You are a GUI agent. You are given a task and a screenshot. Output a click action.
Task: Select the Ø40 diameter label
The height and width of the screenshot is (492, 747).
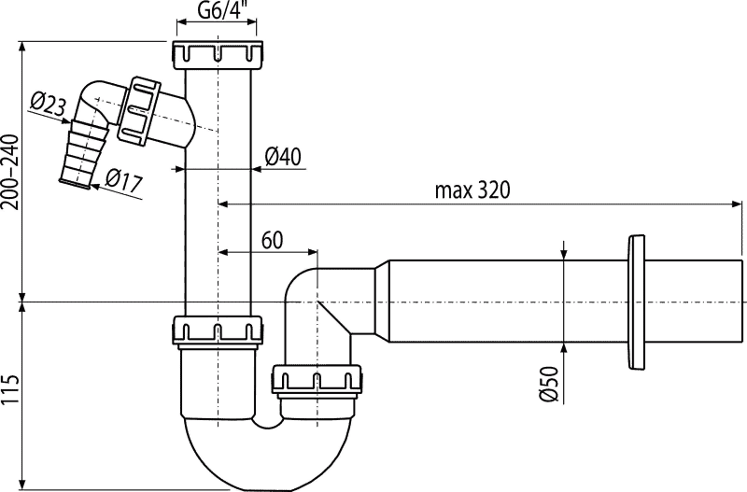coord(283,157)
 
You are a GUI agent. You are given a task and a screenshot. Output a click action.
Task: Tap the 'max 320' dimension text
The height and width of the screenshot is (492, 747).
coord(472,190)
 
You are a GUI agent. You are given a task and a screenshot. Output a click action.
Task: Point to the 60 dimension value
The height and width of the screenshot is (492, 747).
coord(272,239)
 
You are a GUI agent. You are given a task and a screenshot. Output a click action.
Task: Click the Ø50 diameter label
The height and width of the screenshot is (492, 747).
coord(550,382)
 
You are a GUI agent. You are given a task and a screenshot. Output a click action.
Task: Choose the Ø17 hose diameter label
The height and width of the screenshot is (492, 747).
coord(122,180)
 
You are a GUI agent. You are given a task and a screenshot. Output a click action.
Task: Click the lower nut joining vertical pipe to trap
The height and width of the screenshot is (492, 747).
coord(217,330)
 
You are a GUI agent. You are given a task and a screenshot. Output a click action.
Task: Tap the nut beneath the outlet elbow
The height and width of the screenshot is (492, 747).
coord(317,380)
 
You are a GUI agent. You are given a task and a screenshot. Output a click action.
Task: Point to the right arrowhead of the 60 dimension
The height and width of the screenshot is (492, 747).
coord(313,251)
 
